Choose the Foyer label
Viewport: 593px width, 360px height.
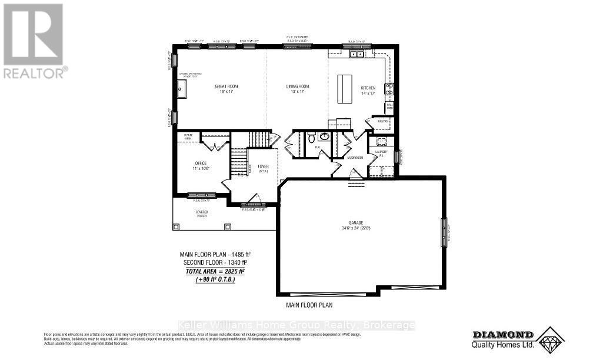262,168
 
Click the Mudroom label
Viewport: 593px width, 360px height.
354,157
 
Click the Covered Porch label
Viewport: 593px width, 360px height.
202,214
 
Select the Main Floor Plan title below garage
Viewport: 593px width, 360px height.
309,305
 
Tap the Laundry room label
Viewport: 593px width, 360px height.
381,154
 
